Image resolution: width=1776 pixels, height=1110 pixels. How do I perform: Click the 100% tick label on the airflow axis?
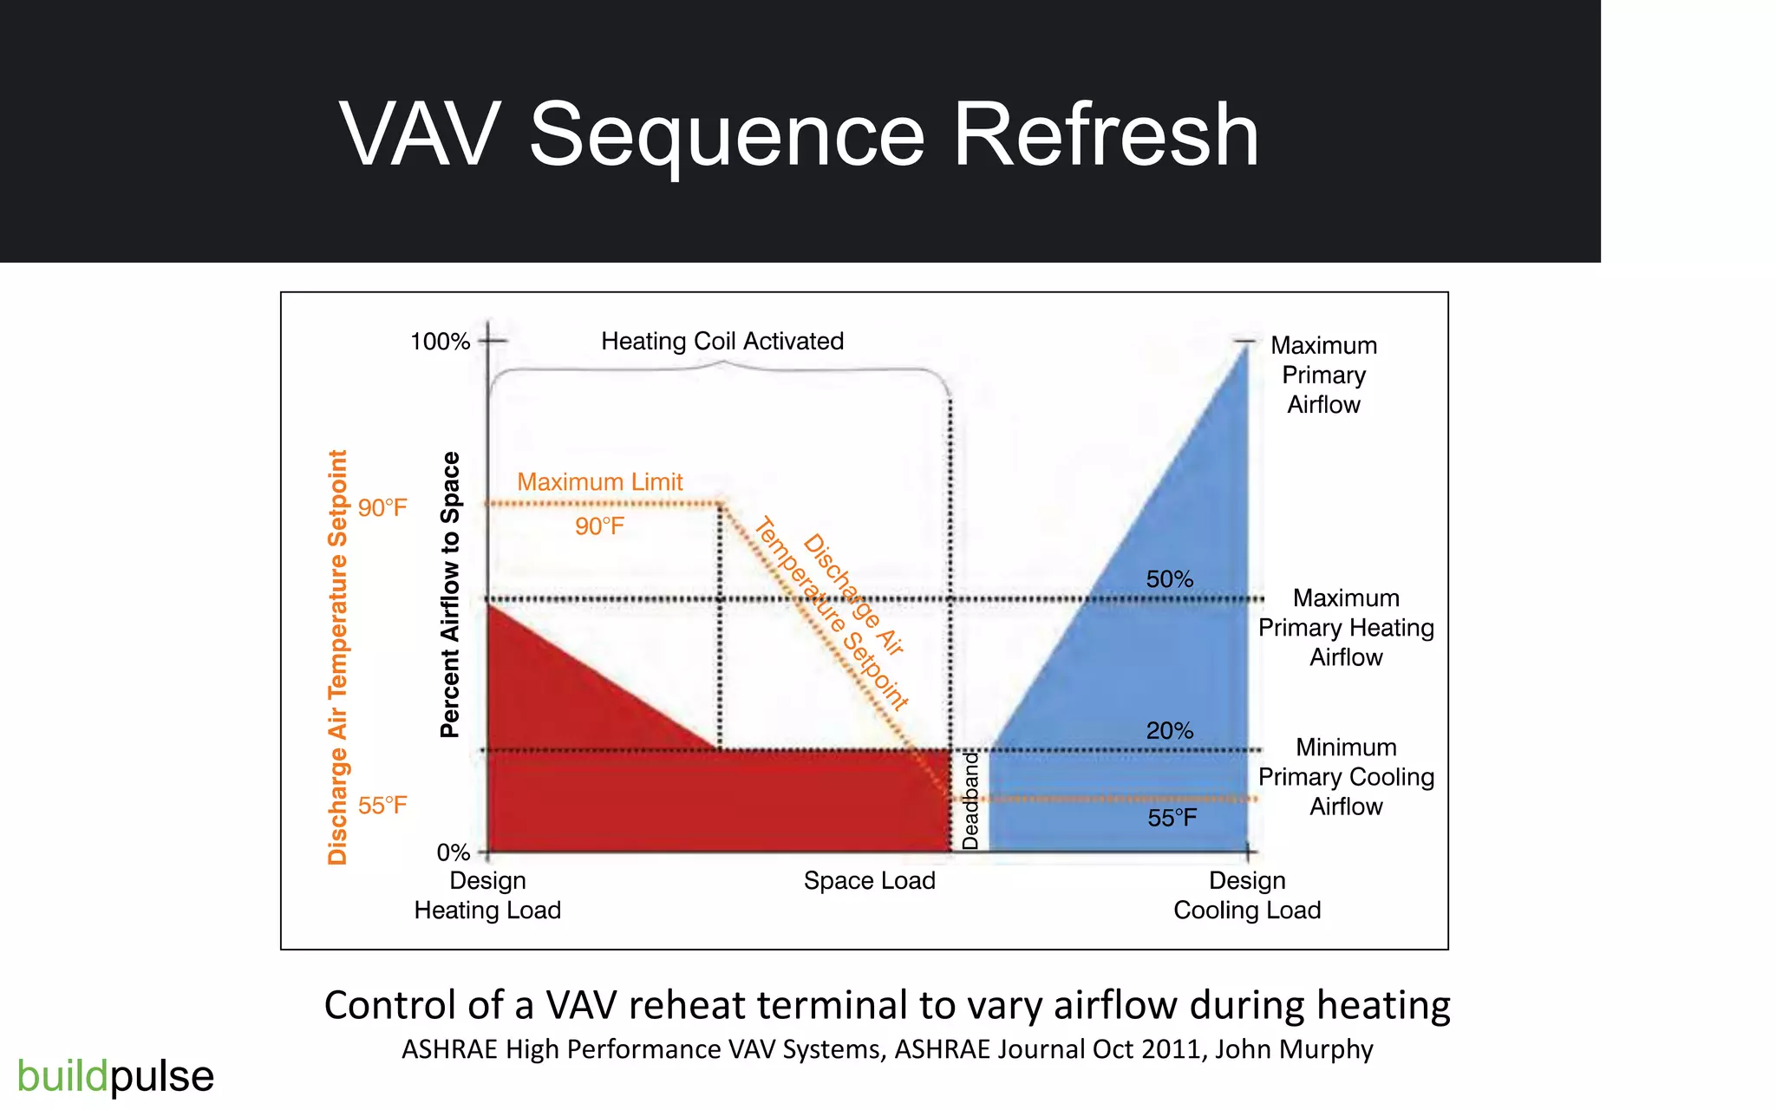click(x=440, y=342)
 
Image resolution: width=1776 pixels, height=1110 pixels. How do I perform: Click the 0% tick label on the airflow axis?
click(x=453, y=852)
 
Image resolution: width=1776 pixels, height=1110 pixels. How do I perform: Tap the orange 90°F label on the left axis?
click(x=382, y=508)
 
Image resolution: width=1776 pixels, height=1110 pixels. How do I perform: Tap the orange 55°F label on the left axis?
click(x=382, y=806)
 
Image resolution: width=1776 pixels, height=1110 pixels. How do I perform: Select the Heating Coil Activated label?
click(x=721, y=342)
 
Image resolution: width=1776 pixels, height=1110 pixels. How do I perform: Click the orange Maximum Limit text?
click(x=599, y=482)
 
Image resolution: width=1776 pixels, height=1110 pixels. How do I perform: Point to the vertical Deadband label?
click(x=970, y=800)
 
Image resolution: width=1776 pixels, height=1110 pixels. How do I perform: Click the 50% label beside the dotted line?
click(x=1169, y=579)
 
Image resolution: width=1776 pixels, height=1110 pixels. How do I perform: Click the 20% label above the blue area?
click(x=1169, y=731)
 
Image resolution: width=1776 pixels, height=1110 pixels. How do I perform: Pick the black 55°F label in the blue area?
click(x=1172, y=818)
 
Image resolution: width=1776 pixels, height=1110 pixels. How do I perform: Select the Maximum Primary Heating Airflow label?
click(x=1346, y=628)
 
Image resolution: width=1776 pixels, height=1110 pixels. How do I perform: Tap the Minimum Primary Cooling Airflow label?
click(x=1346, y=777)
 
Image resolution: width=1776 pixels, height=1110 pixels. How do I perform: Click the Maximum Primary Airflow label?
click(x=1323, y=375)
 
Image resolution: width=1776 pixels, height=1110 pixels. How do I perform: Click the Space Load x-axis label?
click(x=869, y=881)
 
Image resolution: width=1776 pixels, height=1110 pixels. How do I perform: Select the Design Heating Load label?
click(x=487, y=896)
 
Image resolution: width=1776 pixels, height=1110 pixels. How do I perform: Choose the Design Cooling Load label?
click(x=1247, y=896)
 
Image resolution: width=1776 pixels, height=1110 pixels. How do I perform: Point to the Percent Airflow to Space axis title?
click(x=449, y=595)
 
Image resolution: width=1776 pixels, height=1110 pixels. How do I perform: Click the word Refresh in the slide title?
click(x=1106, y=135)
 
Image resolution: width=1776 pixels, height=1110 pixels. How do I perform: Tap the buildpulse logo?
click(x=115, y=1076)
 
